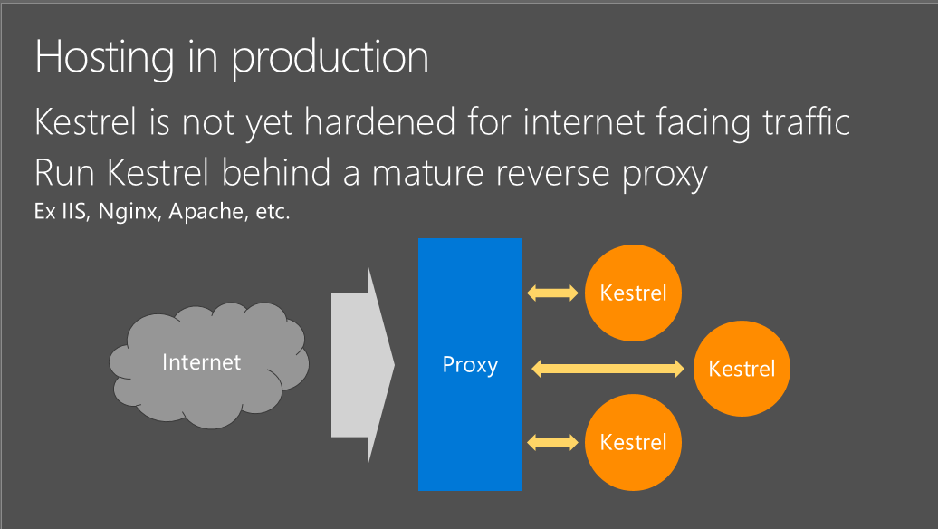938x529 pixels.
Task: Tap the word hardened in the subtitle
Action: [380, 121]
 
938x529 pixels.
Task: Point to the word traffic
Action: [807, 121]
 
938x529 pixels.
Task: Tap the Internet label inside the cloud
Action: [202, 362]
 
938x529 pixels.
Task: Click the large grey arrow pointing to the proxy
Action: [362, 365]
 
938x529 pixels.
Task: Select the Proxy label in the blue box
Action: [470, 364]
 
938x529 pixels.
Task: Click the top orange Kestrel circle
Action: [633, 293]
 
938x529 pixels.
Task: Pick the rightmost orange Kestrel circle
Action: [742, 369]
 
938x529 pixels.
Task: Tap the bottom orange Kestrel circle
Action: [633, 442]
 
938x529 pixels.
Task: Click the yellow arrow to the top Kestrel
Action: [552, 293]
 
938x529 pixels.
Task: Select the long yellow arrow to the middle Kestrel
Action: [608, 369]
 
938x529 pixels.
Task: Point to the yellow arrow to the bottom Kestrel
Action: [552, 442]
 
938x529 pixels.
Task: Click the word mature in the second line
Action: [427, 173]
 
